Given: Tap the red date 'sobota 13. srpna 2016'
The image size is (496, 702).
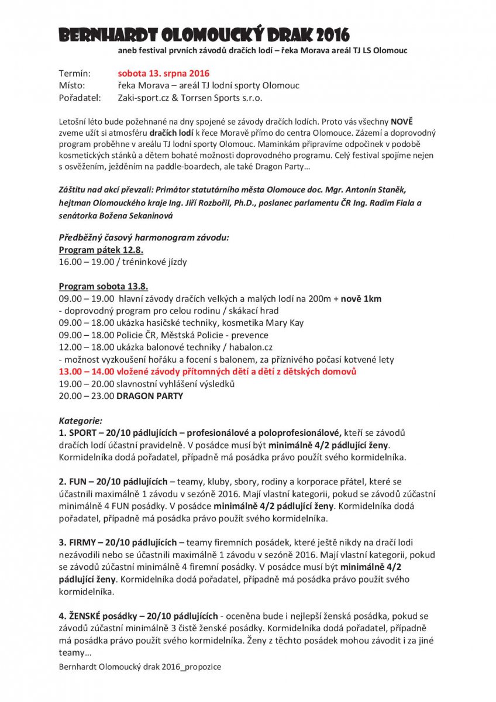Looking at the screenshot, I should (x=163, y=74).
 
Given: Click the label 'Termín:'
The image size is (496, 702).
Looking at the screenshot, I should (x=75, y=74).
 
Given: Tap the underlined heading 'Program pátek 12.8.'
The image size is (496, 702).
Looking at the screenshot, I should (x=97, y=250).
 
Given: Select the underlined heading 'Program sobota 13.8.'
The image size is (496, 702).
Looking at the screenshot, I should (x=104, y=286).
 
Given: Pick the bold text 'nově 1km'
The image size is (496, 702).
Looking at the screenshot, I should (x=361, y=298).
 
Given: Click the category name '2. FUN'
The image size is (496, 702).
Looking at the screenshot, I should (x=75, y=481).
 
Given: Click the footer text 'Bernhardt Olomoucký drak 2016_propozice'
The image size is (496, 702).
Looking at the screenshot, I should (x=140, y=667).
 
